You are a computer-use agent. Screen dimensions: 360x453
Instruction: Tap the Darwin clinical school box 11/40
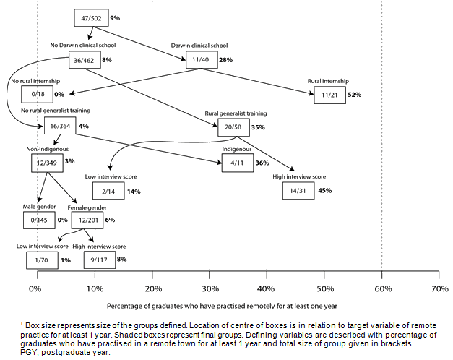(x=200, y=60)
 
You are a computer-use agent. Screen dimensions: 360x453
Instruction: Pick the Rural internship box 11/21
(x=329, y=95)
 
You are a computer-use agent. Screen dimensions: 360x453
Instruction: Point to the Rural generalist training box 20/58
(x=233, y=127)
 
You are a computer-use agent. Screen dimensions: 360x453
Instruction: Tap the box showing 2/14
(x=108, y=191)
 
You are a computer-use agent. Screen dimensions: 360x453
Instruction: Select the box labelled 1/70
(x=40, y=259)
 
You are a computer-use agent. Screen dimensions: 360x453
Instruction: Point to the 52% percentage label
(x=353, y=95)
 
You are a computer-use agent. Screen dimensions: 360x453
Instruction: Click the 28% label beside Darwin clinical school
(x=225, y=60)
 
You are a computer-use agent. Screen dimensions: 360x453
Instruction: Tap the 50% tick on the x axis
(x=324, y=288)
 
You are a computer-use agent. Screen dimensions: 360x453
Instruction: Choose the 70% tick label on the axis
(x=439, y=288)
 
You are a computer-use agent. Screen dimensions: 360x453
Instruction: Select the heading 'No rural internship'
(x=35, y=81)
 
